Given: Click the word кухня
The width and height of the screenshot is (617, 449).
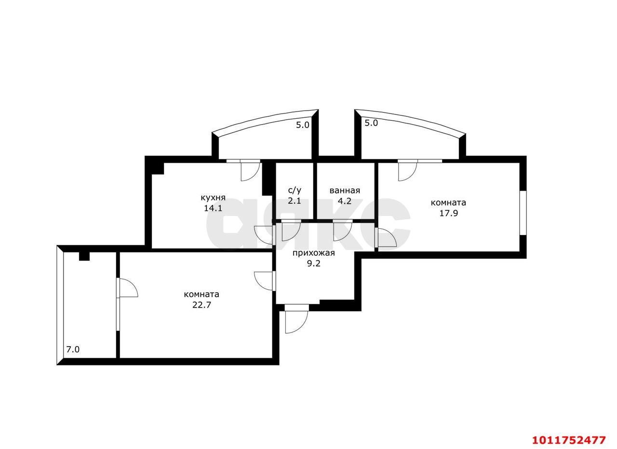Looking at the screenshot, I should [x=213, y=197].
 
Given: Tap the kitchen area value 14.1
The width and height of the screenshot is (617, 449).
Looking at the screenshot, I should [x=213, y=208].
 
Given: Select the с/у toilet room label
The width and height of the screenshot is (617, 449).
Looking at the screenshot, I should [x=295, y=190].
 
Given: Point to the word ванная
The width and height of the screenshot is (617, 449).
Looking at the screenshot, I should [x=345, y=190].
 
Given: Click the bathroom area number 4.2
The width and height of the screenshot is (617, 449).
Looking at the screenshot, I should [x=345, y=201].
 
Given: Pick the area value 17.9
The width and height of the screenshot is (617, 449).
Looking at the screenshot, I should [x=448, y=213].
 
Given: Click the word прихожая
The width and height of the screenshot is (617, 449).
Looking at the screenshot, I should [x=313, y=253].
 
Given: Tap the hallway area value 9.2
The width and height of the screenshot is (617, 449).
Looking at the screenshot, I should [x=313, y=264].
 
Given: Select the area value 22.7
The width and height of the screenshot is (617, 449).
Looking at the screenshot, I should [x=201, y=305].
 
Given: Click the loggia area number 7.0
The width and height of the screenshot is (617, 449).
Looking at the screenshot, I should [x=73, y=350].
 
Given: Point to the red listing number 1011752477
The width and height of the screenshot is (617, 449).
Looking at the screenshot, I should [x=569, y=440].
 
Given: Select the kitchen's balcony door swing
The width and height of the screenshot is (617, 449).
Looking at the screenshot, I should [x=250, y=171].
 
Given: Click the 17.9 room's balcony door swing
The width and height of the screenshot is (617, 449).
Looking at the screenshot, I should [x=407, y=171].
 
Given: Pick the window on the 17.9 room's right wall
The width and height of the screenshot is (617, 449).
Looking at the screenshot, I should [x=523, y=213].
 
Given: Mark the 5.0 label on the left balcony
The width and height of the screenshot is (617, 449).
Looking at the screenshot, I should [x=302, y=125].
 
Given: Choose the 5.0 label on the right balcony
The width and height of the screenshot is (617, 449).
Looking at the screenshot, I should [x=371, y=123].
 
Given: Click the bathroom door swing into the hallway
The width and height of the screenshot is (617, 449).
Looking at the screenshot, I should [x=342, y=230].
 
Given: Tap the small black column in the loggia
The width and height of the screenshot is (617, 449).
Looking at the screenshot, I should [x=84, y=256].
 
